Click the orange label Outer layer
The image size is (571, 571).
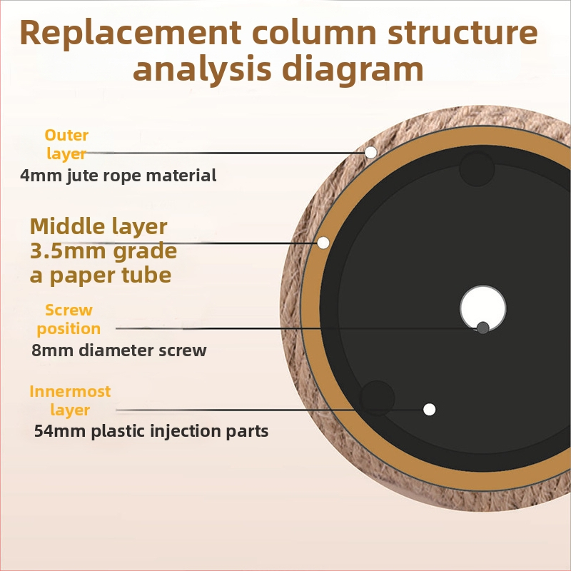(x=66, y=144)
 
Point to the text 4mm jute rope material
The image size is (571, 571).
(x=118, y=175)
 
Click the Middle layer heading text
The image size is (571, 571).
(x=98, y=227)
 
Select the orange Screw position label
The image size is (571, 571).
(x=69, y=319)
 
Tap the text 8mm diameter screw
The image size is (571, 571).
(x=119, y=350)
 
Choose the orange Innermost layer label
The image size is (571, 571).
(x=70, y=400)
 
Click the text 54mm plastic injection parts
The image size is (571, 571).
(x=151, y=431)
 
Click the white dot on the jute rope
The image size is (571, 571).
(x=370, y=152)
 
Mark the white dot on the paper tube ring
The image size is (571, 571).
(x=323, y=243)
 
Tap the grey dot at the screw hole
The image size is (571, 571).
(x=483, y=328)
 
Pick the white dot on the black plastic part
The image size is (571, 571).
(x=429, y=410)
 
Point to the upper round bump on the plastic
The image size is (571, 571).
(x=477, y=169)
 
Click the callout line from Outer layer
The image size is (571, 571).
(x=228, y=153)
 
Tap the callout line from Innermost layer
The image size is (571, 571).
(x=271, y=410)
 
